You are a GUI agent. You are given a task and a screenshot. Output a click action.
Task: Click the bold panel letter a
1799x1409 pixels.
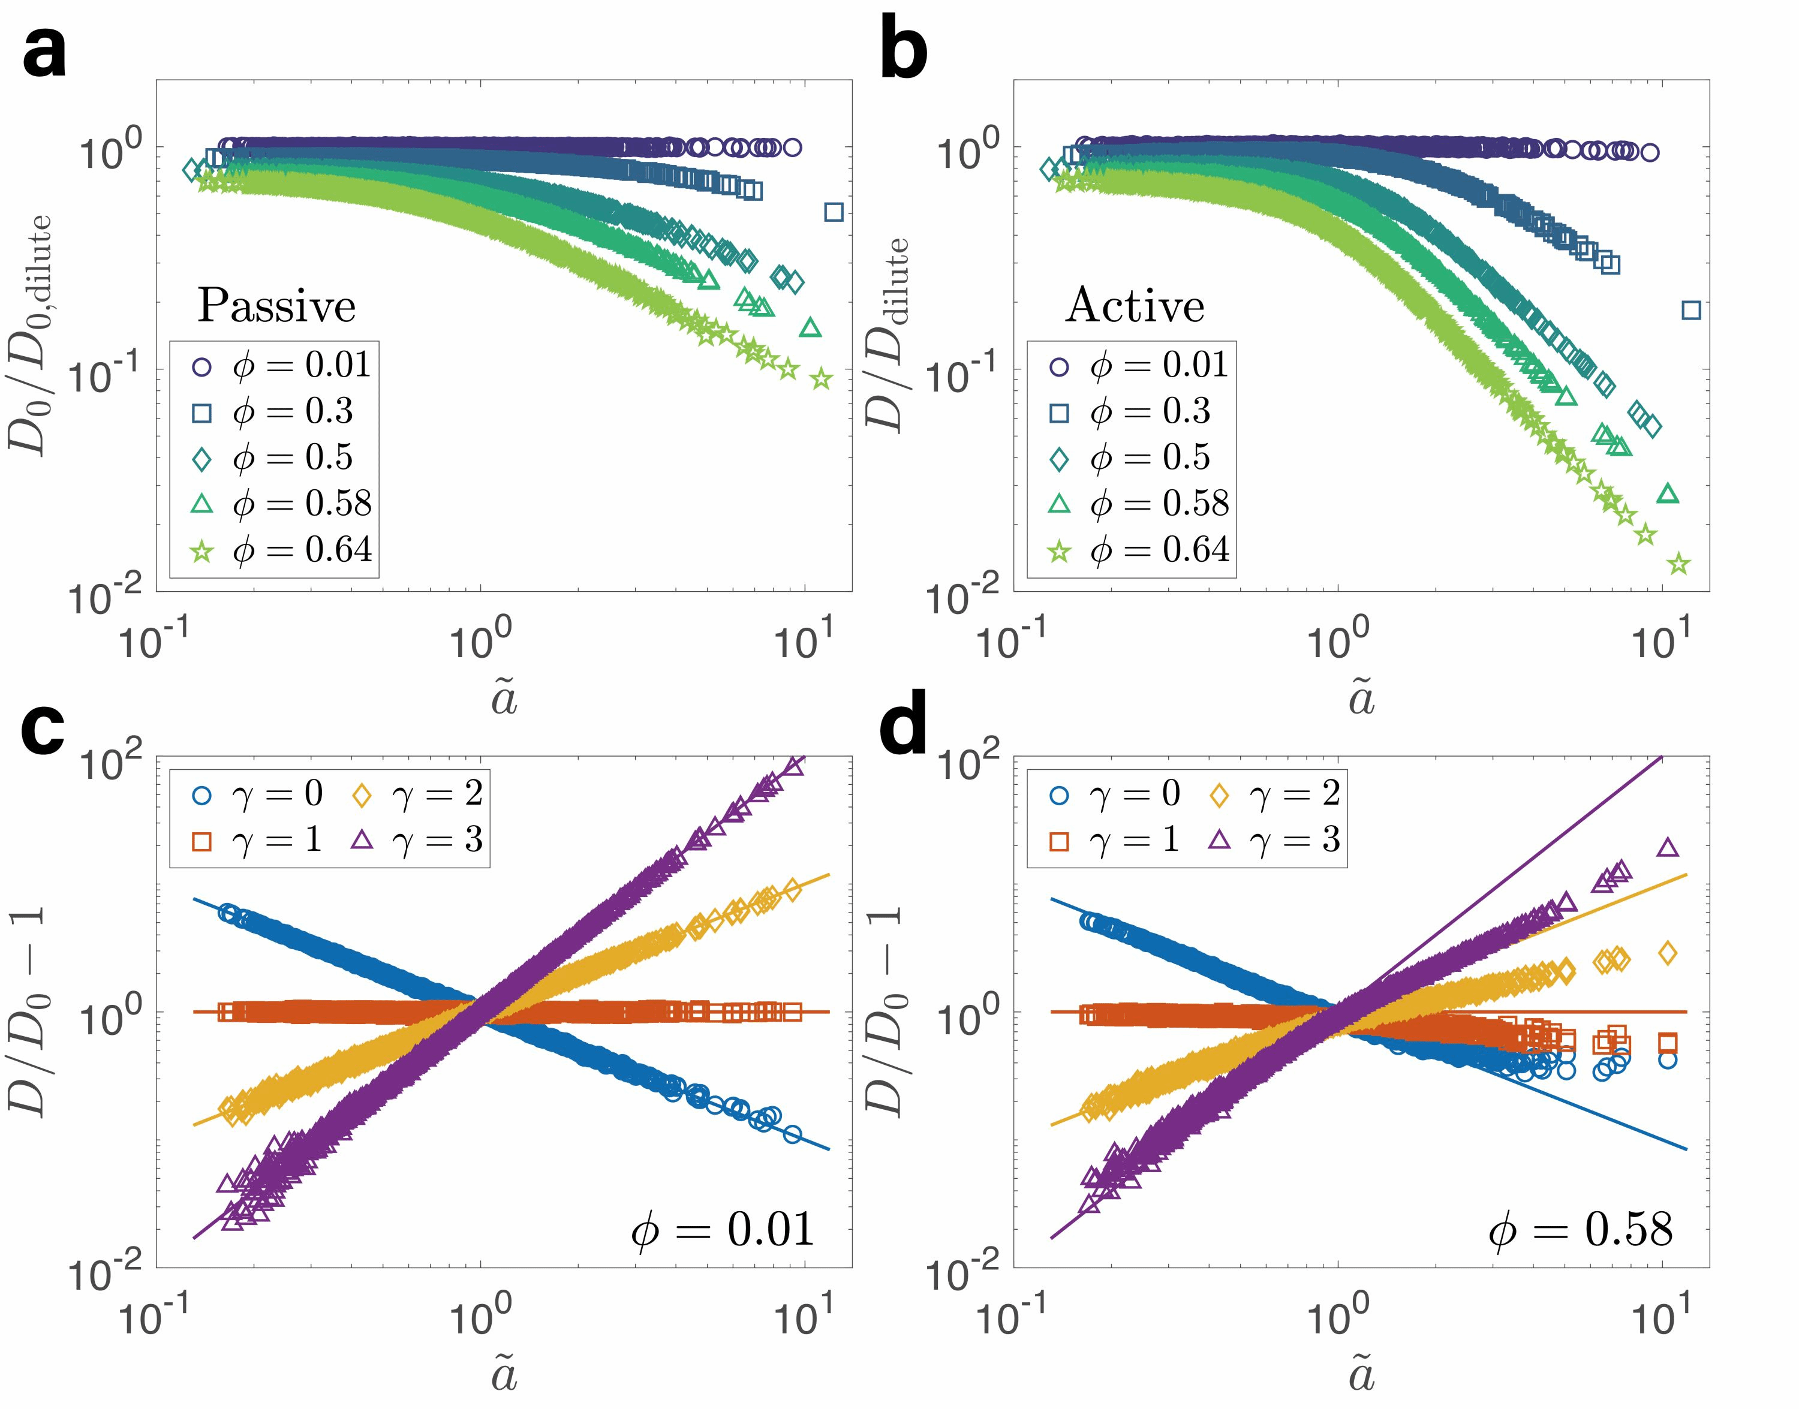click(x=46, y=51)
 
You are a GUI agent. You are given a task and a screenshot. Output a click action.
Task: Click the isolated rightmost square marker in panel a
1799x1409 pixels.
click(x=834, y=212)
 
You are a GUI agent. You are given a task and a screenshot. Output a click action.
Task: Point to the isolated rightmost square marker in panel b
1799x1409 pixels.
click(x=1691, y=310)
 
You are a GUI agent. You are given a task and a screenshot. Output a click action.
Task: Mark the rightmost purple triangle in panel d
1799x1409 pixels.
click(x=1668, y=847)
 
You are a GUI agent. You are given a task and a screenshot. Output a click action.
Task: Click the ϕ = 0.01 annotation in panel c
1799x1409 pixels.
click(x=723, y=1229)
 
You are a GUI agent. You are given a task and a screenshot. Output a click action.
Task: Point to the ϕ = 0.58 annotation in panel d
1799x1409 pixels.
click(x=1580, y=1229)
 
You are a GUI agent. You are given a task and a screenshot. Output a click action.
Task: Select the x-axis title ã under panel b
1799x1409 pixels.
click(x=1361, y=699)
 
